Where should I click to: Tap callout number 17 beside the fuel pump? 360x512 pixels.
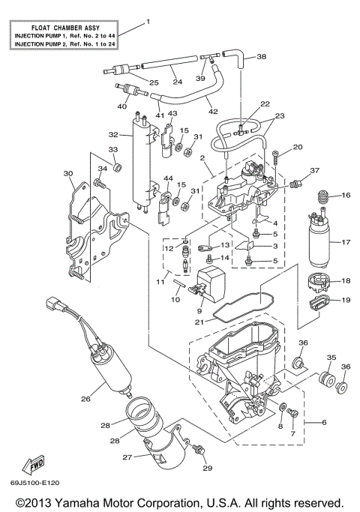(x=346, y=242)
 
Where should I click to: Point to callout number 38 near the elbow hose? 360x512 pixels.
(x=261, y=57)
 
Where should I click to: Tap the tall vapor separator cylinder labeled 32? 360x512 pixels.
(x=142, y=161)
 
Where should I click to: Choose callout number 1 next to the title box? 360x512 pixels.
(x=148, y=22)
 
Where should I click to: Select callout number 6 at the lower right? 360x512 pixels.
(x=324, y=423)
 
